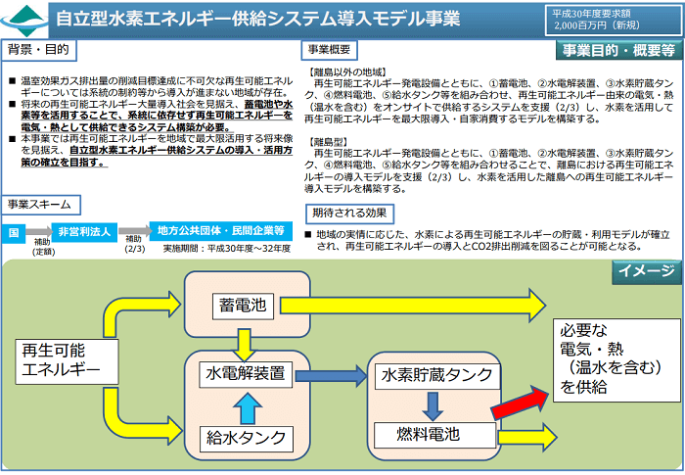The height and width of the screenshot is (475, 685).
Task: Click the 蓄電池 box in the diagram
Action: (240, 306)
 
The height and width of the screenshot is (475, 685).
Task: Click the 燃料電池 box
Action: (428, 434)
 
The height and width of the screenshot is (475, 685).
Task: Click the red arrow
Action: (523, 402)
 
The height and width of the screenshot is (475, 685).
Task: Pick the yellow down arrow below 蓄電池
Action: (240, 341)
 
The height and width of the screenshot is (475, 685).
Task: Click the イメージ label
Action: (645, 271)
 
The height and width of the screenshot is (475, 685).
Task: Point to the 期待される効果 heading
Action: (350, 213)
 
